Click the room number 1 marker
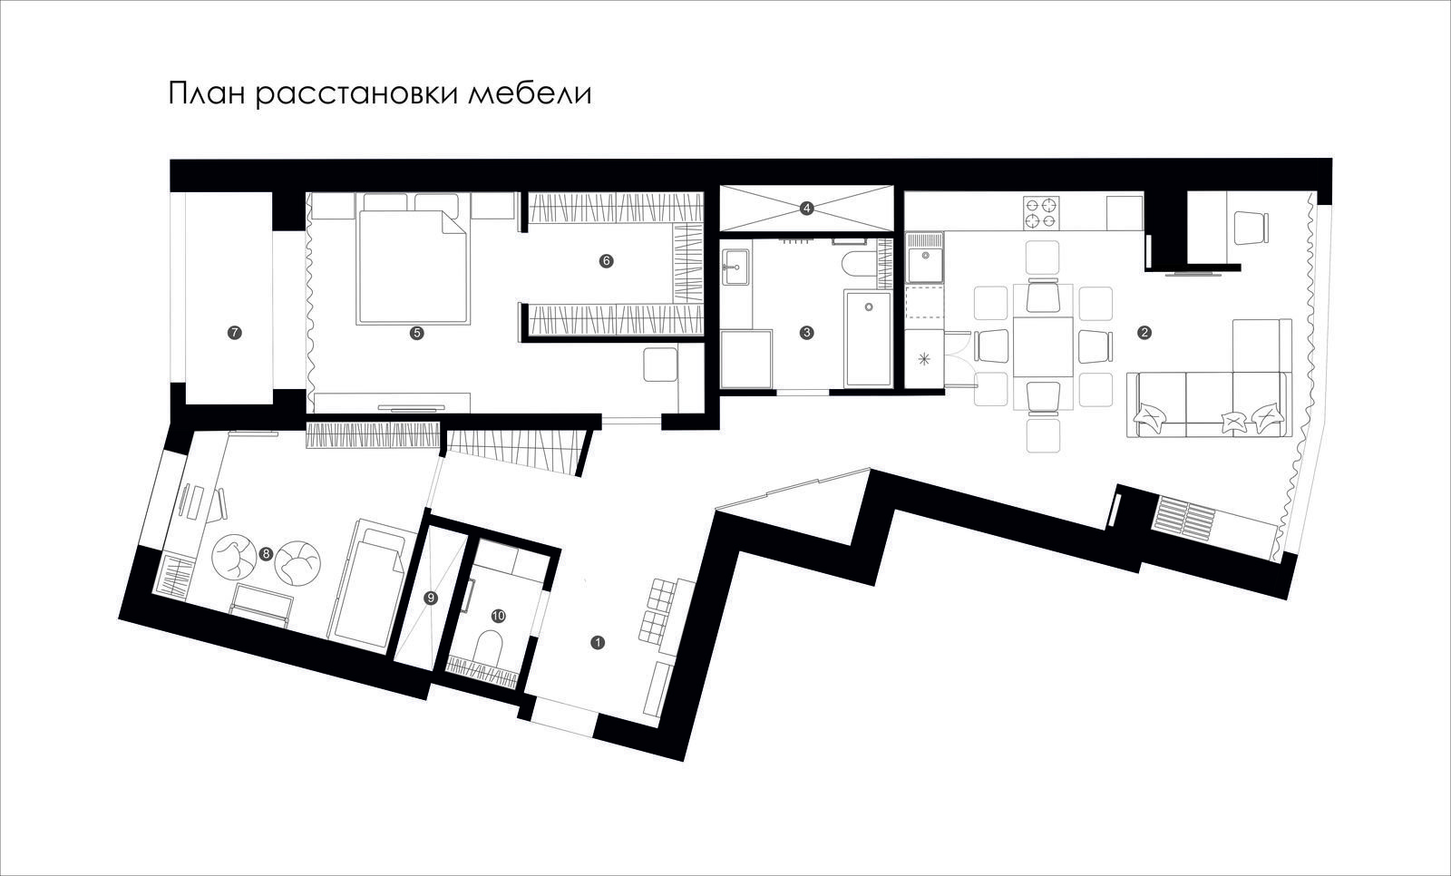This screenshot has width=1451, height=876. click(x=598, y=643)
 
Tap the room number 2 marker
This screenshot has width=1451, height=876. click(x=1144, y=333)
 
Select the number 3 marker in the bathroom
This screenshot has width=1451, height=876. click(x=806, y=333)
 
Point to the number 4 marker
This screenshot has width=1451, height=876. click(x=806, y=208)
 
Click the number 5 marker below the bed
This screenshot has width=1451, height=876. click(x=416, y=333)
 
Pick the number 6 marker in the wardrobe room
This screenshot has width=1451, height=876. click(x=607, y=261)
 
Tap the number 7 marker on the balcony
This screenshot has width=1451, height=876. click(x=235, y=333)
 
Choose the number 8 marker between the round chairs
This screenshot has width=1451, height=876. click(x=265, y=554)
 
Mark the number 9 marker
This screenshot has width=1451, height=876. click(x=431, y=598)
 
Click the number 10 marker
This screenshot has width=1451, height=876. click(x=498, y=616)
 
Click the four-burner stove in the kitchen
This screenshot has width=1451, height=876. click(x=1041, y=213)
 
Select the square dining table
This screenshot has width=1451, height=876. click(x=1043, y=346)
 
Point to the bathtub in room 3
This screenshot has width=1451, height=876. click(x=868, y=339)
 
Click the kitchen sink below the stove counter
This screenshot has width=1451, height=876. click(x=925, y=258)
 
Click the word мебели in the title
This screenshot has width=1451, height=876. click(x=530, y=94)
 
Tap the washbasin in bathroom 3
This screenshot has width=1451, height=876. click(x=735, y=267)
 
